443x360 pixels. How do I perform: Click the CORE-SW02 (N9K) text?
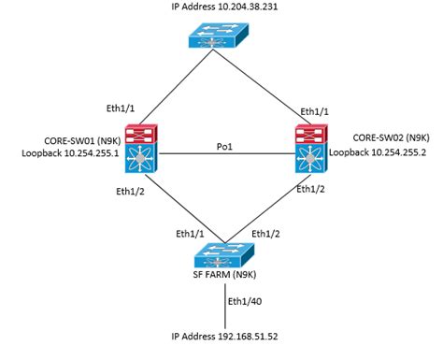point(379,136)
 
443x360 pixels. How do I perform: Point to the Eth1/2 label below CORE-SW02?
point(310,190)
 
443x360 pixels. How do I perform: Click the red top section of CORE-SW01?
point(145,130)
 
